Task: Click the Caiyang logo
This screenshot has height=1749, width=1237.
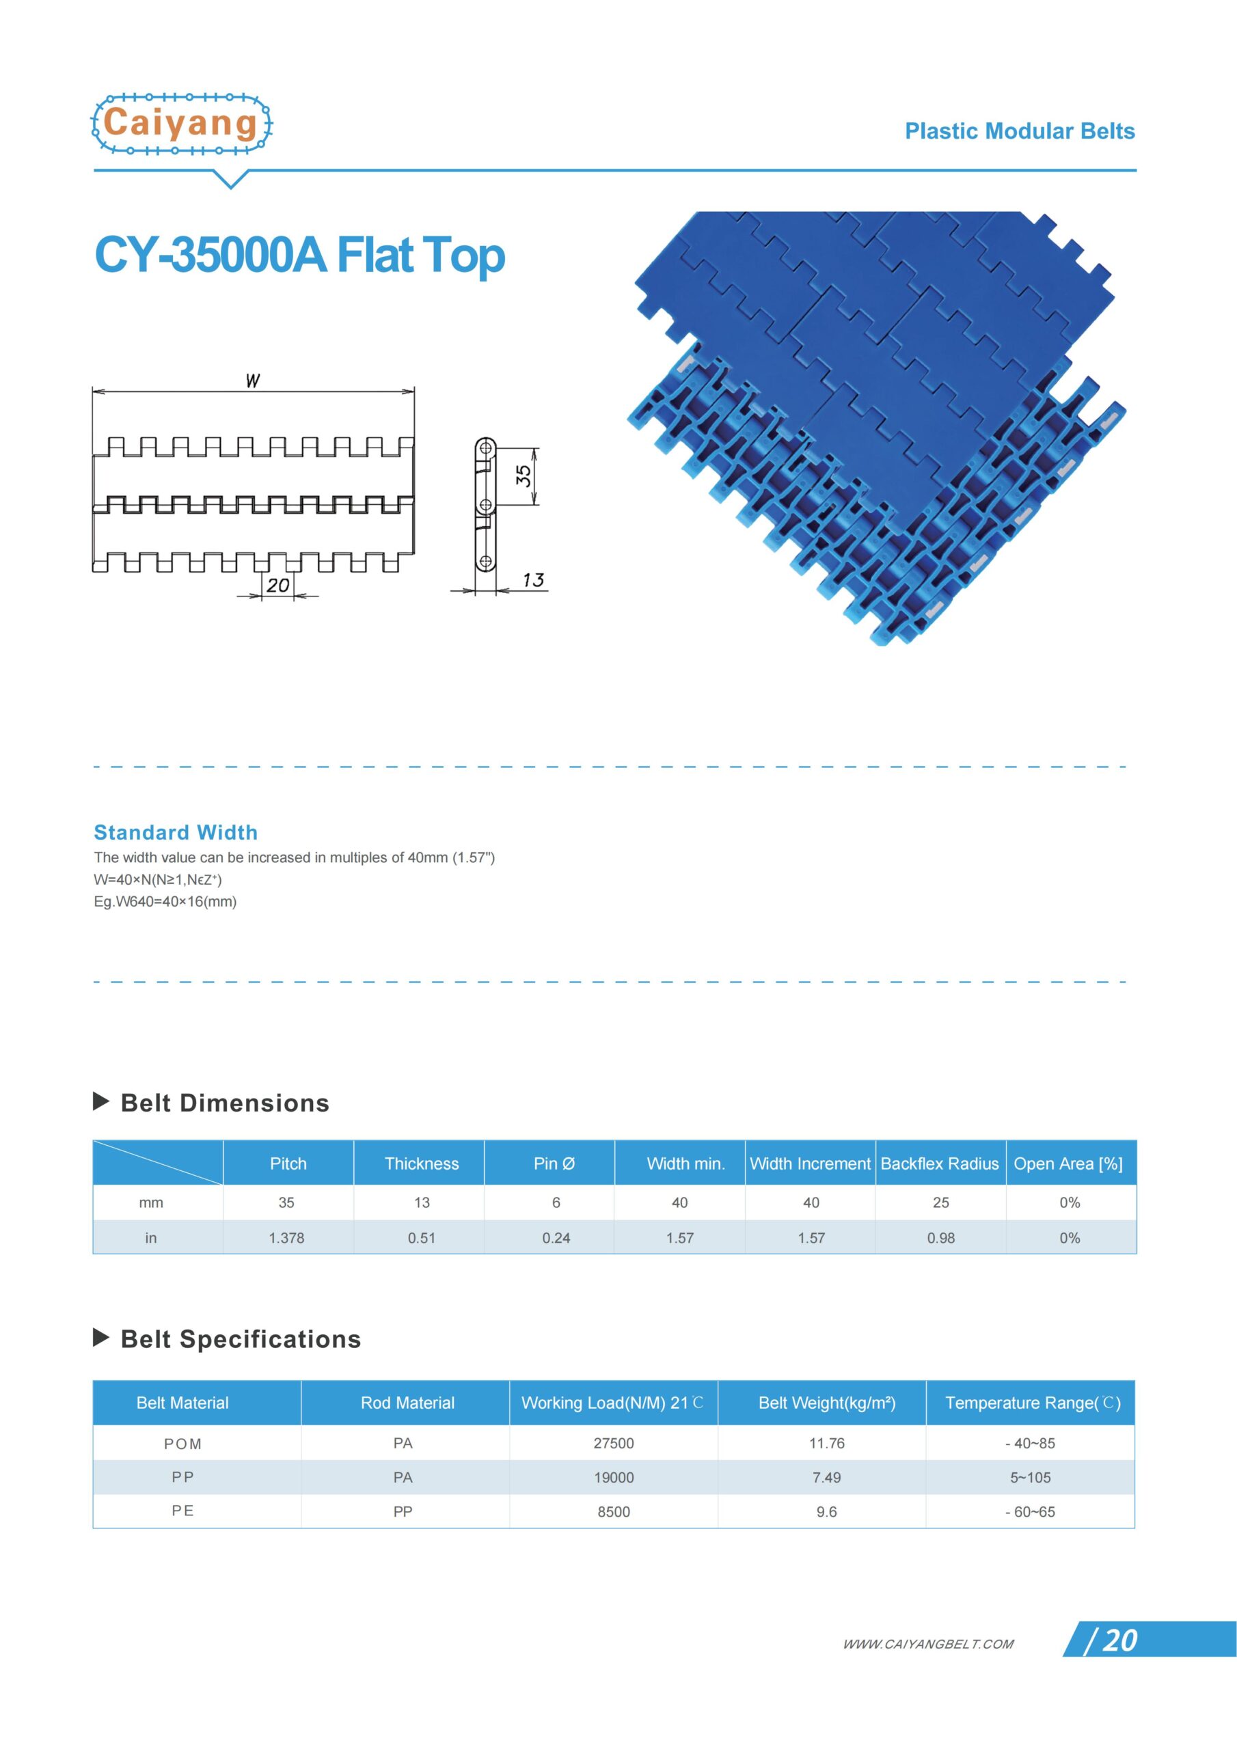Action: click(181, 124)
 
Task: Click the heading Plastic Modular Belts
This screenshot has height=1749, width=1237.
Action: click(1019, 131)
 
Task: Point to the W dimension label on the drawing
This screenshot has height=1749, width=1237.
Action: click(252, 380)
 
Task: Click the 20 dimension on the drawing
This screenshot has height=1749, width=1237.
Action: click(277, 585)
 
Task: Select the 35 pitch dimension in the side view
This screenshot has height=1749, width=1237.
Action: click(524, 476)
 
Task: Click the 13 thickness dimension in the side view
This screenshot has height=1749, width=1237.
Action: click(533, 580)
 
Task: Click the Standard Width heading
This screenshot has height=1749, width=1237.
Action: click(176, 832)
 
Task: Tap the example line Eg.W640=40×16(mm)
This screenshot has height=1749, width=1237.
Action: click(165, 901)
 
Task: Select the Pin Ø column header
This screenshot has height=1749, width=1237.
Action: click(554, 1163)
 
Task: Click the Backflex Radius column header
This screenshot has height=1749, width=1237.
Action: click(939, 1163)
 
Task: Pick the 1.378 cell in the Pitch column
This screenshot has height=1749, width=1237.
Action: click(286, 1238)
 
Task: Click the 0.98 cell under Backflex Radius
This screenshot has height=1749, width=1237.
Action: click(940, 1238)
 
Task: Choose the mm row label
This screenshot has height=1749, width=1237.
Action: click(151, 1203)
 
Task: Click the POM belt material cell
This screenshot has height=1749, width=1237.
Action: click(183, 1444)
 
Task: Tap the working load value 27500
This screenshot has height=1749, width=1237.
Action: click(614, 1444)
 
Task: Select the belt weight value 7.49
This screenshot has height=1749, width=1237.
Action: click(826, 1477)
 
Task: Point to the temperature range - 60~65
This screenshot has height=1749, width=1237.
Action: click(1030, 1511)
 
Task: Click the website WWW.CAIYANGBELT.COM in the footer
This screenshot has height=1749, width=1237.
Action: click(927, 1644)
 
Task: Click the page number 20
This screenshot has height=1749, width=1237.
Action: click(1119, 1641)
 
